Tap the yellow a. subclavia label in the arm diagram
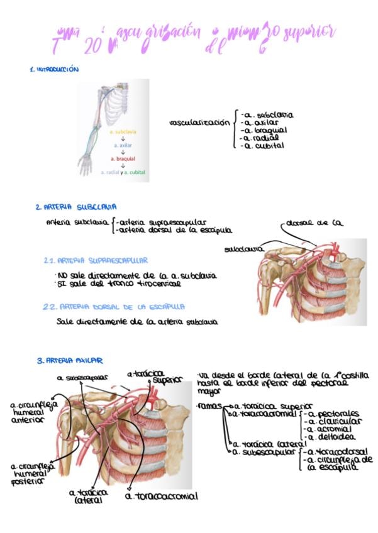tap(122, 132)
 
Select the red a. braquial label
tap(123, 159)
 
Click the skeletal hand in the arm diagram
tap(86, 165)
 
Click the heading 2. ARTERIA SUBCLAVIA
tap(75, 206)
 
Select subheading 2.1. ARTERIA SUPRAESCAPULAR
tap(96, 260)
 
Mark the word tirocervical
tap(155, 283)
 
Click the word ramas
tap(206, 406)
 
